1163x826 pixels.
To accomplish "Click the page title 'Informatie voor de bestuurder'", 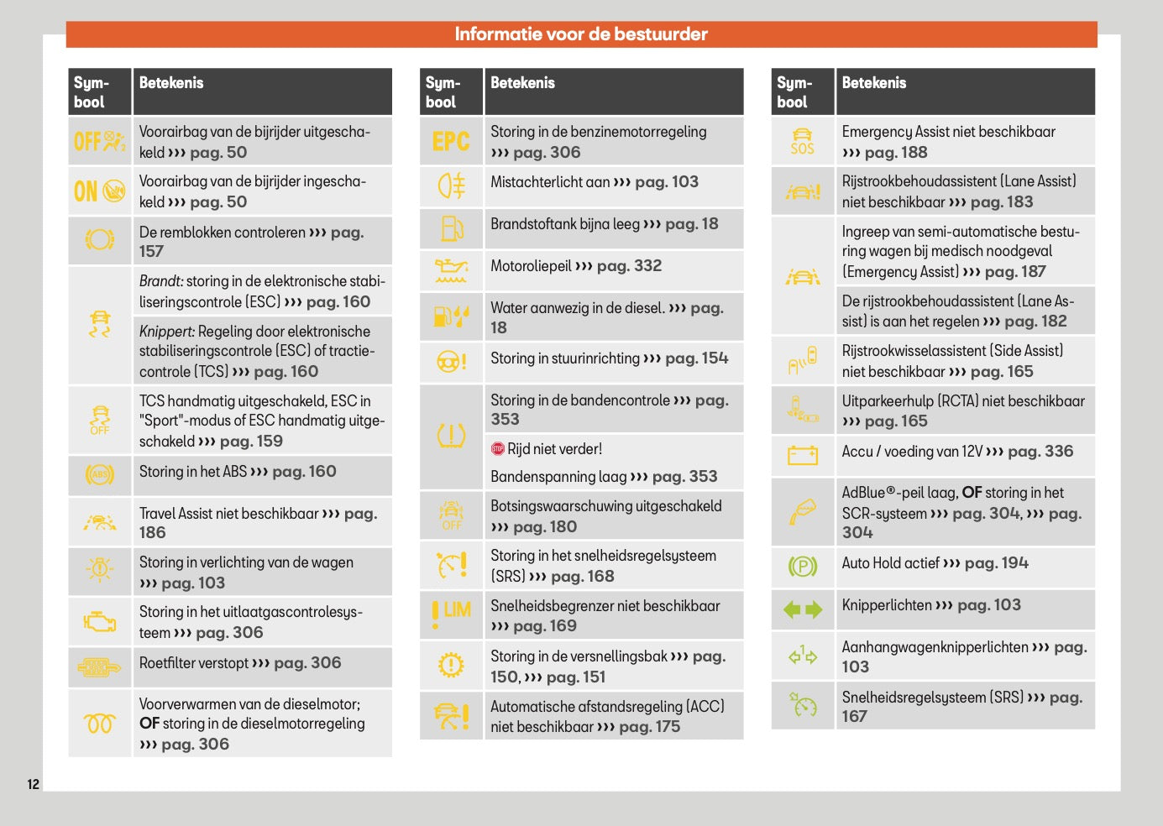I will click(581, 34).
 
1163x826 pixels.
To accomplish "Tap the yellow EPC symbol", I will click(451, 141).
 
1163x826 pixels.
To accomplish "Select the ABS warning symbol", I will click(100, 474).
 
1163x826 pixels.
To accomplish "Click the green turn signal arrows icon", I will click(802, 609).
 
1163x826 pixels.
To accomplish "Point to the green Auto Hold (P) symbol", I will click(802, 567).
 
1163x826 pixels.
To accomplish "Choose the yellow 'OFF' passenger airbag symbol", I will click(100, 141).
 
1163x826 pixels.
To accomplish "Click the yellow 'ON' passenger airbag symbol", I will click(100, 191).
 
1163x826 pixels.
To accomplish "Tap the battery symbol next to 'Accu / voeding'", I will click(802, 455).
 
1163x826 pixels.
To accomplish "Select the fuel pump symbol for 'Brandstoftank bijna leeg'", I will click(451, 228).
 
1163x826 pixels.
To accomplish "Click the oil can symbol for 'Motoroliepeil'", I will click(451, 270).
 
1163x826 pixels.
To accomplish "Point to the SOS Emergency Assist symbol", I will click(802, 141).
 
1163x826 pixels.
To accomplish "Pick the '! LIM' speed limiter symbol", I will click(451, 613).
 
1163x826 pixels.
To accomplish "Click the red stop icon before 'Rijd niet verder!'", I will click(498, 449).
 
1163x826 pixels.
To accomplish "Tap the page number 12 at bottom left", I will click(34, 784).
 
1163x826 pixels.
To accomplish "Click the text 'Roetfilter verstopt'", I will click(194, 663).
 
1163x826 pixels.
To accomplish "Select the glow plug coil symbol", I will click(100, 723).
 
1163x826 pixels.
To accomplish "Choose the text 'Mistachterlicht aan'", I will click(550, 182).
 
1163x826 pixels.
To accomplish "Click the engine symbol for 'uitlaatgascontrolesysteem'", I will click(100, 621).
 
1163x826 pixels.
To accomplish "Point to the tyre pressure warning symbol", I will click(451, 436).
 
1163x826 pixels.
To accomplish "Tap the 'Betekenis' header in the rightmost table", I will click(874, 83).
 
